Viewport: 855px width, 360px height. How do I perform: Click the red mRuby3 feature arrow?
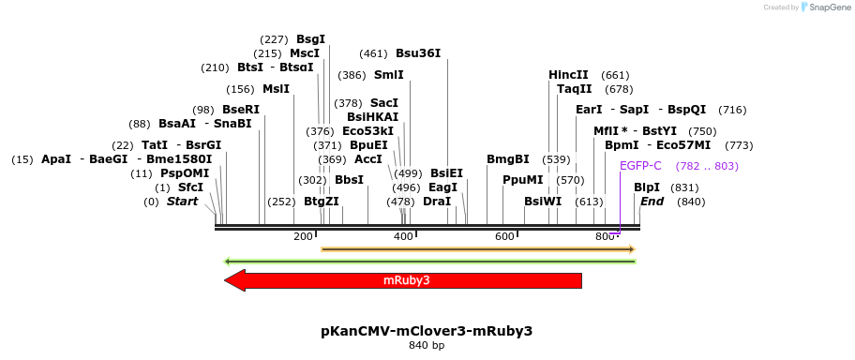[x=403, y=280]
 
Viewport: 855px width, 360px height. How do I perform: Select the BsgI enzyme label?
[x=310, y=39]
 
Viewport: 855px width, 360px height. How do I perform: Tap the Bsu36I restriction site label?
[x=417, y=53]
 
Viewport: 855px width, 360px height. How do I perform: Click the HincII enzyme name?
[x=568, y=75]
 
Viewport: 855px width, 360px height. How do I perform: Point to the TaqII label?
[x=574, y=89]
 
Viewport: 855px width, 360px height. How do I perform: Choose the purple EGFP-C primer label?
[x=640, y=166]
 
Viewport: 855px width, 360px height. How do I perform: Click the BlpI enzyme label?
[x=647, y=187]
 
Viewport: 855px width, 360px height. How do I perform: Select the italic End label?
[x=652, y=202]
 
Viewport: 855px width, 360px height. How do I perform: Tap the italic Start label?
[x=182, y=202]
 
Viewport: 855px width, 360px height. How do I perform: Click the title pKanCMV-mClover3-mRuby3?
[x=427, y=331]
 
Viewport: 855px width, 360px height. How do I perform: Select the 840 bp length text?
[x=427, y=346]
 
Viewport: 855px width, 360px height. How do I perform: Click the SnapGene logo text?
[x=827, y=7]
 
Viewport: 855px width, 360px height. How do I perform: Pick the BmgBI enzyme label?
[x=507, y=159]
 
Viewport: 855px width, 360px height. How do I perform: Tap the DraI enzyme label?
[x=436, y=202]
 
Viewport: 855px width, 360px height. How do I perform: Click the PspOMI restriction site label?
[x=184, y=173]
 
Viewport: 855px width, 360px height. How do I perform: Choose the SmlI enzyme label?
[x=388, y=75]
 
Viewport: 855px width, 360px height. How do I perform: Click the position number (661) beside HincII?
[x=615, y=75]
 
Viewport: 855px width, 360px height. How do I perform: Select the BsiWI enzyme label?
[x=542, y=202]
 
